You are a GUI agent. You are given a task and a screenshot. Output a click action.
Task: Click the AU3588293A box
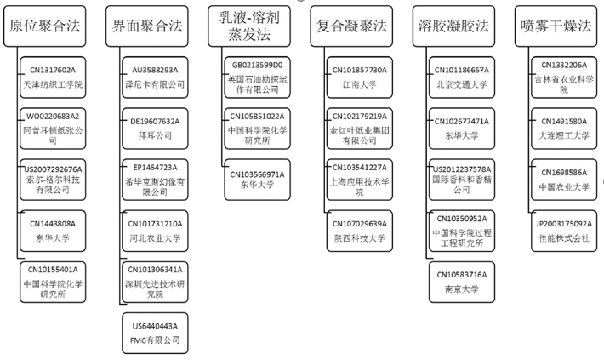click(x=156, y=75)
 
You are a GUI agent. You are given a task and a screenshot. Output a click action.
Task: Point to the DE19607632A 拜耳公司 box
click(x=156, y=127)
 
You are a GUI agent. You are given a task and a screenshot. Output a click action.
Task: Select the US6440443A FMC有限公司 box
click(x=156, y=333)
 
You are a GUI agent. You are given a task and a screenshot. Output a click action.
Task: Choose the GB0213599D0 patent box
click(x=258, y=75)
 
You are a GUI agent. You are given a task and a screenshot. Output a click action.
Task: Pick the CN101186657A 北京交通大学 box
click(x=462, y=75)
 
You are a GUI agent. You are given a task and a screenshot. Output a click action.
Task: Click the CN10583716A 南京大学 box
click(x=462, y=282)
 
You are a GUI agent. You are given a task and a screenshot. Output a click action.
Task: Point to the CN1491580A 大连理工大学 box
click(x=563, y=127)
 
